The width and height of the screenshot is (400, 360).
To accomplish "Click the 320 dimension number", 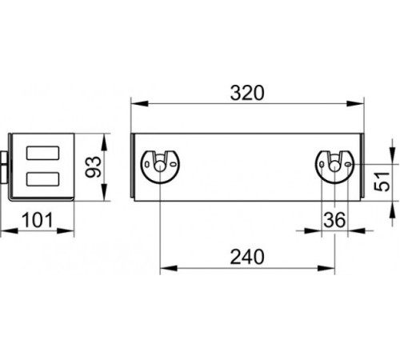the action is [247, 93].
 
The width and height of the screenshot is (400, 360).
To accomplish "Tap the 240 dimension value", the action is [247, 257].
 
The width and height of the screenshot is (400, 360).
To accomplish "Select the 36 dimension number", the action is [334, 220].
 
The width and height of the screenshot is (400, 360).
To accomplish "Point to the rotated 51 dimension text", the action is [382, 182].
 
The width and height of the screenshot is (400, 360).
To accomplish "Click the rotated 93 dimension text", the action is [93, 167].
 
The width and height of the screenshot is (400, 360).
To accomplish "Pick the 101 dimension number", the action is [38, 220].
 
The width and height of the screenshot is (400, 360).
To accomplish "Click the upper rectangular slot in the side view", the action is [42, 153].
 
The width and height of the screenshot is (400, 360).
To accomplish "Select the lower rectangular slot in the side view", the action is [42, 179].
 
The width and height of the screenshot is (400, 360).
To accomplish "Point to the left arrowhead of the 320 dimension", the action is [139, 103].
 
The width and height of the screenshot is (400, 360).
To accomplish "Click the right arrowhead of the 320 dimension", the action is [355, 103].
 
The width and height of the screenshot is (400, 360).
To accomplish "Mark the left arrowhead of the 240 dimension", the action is [169, 268].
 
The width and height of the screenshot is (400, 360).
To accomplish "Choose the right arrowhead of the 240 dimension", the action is [326, 268].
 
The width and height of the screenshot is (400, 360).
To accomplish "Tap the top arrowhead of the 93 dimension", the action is [104, 142].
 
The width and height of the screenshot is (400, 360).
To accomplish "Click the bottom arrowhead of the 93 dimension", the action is [104, 192].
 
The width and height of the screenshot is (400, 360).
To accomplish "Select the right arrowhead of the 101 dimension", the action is [66, 231].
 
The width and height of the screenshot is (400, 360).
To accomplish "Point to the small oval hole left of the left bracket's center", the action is [147, 165].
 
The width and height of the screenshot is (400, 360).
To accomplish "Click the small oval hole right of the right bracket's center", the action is [348, 165].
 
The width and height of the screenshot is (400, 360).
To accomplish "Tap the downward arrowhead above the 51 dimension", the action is [393, 156].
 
